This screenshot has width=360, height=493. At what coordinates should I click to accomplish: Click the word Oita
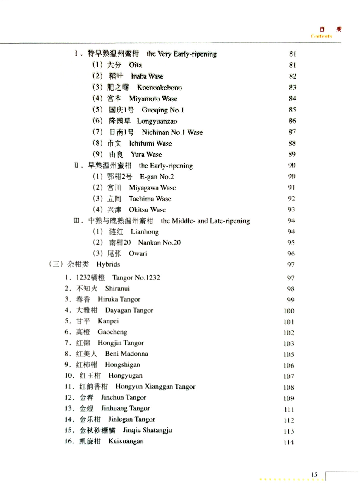pos(135,65)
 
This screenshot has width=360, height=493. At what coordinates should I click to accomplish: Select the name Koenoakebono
pos(159,88)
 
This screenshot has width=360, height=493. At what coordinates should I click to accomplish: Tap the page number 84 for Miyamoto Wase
pos(292,99)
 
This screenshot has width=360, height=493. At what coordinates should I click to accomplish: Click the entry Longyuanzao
pos(157,121)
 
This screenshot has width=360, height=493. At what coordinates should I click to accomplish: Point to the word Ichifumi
pos(142,144)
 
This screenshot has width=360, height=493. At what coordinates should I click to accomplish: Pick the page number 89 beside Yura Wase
pos(292,154)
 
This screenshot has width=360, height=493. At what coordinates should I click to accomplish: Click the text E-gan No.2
pos(157,177)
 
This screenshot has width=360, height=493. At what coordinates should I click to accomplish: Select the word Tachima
pos(141,199)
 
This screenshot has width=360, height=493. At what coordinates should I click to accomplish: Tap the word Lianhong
pos(145,232)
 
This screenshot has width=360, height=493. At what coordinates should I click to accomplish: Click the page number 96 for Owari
pos(291,254)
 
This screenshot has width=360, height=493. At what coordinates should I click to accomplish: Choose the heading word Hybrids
pos(108,265)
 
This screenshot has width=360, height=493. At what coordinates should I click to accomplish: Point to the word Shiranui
pos(117,289)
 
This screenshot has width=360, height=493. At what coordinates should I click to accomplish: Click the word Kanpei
pos(108,321)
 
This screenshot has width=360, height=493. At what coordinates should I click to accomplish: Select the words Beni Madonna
pos(126,354)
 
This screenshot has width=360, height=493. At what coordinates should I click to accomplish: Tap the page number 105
pos(289,355)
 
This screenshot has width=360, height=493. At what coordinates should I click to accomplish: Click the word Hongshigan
pos(122,365)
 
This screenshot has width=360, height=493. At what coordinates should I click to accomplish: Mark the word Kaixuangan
pos(126,441)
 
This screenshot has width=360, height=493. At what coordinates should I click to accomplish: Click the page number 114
pos(289,442)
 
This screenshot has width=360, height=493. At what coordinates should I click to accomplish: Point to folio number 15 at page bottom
pos(314,475)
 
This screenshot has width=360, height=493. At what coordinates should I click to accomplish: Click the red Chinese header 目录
pos(330,30)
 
